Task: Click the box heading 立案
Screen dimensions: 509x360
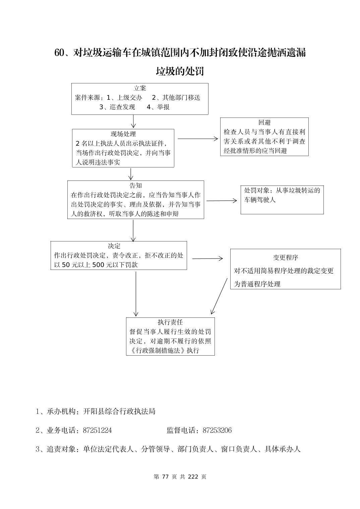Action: pyautogui.click(x=140, y=88)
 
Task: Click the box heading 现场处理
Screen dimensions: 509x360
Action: pyautogui.click(x=123, y=134)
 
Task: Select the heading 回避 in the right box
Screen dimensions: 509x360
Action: pyautogui.click(x=264, y=123)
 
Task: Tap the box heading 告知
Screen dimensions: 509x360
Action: pyautogui.click(x=136, y=186)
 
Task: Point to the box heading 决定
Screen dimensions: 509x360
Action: pyautogui.click(x=114, y=246)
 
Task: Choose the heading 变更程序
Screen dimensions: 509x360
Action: pyautogui.click(x=286, y=258)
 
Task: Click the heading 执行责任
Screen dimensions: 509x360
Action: pyautogui.click(x=170, y=322)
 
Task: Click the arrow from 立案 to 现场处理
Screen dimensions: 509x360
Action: pyautogui.click(x=133, y=122)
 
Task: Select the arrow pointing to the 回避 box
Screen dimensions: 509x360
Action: pyautogui.click(x=197, y=138)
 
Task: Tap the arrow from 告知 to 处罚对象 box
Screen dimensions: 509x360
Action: pyautogui.click(x=222, y=201)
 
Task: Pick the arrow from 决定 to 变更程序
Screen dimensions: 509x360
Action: pyautogui.click(x=207, y=259)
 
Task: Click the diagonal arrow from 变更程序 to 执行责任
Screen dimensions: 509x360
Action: pyautogui.click(x=219, y=296)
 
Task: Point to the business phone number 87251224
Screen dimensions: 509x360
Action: pyautogui.click(x=97, y=430)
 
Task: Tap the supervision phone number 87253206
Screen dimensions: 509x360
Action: pyautogui.click(x=217, y=430)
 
